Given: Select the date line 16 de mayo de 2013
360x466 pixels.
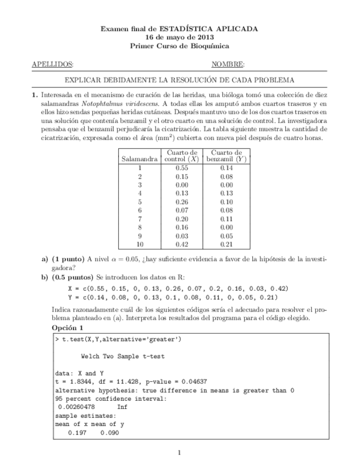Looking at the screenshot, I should click(x=179, y=37).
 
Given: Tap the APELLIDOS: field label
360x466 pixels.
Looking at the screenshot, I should click(x=53, y=64).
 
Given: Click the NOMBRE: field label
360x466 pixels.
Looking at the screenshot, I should click(x=228, y=64).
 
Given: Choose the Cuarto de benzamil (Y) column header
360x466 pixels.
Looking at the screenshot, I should click(x=226, y=156).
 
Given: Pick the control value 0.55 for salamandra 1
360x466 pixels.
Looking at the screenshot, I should click(x=182, y=168).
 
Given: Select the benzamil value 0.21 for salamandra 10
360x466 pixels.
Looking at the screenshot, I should click(x=226, y=244).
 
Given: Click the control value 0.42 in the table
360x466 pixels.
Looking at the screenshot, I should click(x=182, y=244).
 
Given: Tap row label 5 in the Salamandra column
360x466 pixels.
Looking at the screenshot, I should click(x=140, y=202).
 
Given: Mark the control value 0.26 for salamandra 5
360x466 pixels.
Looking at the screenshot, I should click(x=182, y=202).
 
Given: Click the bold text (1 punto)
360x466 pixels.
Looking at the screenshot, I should click(x=68, y=259).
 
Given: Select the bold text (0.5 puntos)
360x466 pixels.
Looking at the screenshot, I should click(x=73, y=278).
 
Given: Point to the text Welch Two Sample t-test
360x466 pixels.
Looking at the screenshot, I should click(x=122, y=356).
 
